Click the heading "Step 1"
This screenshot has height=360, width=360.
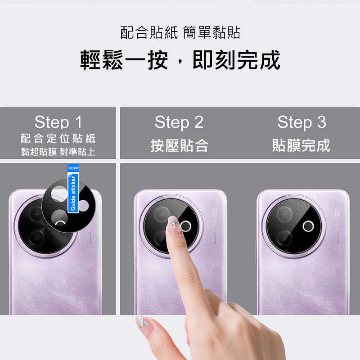[x=58, y=122]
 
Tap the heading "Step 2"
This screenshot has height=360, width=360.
[x=179, y=122]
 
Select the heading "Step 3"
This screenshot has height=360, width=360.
[x=301, y=122]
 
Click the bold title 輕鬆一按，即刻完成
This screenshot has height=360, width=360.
[x=180, y=60]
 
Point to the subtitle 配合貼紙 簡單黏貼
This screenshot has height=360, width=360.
[x=180, y=32]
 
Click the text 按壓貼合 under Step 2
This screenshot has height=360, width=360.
[x=179, y=145]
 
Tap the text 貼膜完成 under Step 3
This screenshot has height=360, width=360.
[x=301, y=145]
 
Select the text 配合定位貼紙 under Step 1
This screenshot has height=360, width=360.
[x=58, y=138]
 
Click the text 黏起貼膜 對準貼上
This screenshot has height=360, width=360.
[x=58, y=152]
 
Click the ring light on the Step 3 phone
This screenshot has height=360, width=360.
[x=308, y=226]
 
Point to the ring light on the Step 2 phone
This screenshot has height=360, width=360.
[x=186, y=225]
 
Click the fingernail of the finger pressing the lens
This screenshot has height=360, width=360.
[x=173, y=224]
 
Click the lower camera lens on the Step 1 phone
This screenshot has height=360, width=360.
[x=37, y=237]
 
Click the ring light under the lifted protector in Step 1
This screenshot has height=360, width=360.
[x=60, y=222]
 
